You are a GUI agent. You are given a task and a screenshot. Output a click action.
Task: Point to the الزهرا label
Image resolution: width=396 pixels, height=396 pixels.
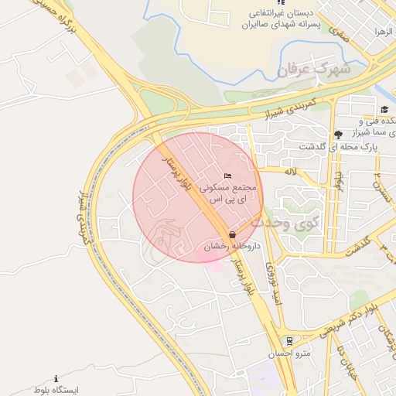pos(384,32)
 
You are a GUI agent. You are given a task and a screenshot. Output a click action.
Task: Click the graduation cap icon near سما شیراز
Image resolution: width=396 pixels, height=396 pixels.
pos(384,109)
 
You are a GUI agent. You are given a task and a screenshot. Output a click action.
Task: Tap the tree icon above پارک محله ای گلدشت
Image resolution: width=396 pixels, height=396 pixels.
pos(338,135)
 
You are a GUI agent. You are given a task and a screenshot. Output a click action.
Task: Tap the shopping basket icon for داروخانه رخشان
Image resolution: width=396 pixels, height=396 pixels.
pos(233,234)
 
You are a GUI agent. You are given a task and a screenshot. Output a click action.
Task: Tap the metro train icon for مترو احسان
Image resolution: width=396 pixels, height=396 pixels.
pos(289,340)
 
